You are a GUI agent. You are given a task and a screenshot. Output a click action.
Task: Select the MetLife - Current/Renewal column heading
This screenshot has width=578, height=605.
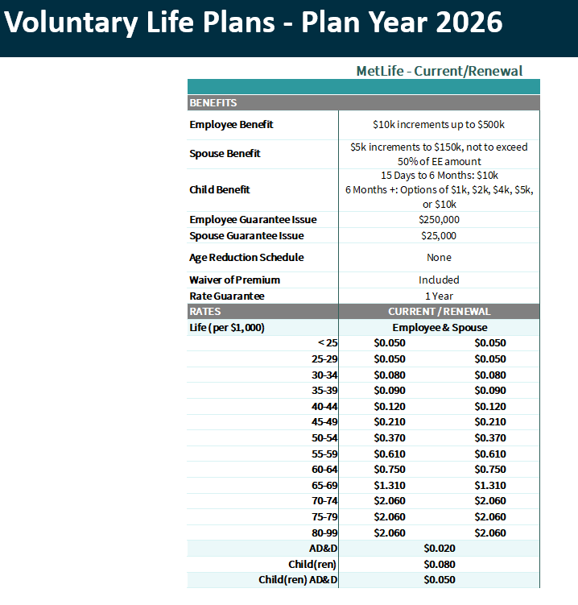[x=439, y=71]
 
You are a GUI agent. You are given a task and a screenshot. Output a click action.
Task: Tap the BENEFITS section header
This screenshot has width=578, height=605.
[x=213, y=103]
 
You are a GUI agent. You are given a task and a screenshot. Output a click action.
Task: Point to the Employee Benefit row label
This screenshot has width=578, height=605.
[x=231, y=125]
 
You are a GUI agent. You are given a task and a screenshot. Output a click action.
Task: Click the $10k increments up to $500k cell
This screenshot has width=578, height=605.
[x=439, y=125]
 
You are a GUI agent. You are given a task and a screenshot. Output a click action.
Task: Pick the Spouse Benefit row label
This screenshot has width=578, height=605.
[x=225, y=154]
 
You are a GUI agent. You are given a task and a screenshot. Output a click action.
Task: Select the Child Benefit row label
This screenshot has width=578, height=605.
[x=220, y=190]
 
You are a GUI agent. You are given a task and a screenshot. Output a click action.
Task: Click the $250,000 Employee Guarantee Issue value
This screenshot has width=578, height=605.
[x=439, y=220]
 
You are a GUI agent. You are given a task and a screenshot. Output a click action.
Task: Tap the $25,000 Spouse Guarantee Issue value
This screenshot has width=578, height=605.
[x=439, y=236]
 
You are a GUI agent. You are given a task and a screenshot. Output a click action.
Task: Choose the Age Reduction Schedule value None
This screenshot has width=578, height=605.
[x=439, y=258]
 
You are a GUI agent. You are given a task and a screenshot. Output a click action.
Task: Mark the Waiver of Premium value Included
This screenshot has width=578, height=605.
[x=439, y=280]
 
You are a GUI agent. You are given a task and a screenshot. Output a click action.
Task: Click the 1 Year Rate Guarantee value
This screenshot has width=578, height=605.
[x=439, y=296]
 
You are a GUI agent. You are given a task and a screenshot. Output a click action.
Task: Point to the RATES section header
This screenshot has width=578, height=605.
[x=205, y=312]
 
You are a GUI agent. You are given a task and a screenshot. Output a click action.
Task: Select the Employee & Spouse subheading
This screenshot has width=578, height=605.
[x=440, y=328]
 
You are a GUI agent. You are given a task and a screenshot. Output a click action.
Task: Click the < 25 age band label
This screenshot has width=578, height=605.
[x=328, y=343]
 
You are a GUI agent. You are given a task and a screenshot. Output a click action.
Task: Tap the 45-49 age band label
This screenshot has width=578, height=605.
[x=324, y=421]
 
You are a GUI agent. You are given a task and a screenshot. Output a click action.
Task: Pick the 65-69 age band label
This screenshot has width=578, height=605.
[x=324, y=485]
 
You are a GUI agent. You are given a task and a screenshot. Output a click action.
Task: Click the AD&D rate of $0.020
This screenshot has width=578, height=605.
[x=440, y=549]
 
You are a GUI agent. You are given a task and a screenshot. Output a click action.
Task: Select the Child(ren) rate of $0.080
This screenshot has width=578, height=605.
[x=440, y=564]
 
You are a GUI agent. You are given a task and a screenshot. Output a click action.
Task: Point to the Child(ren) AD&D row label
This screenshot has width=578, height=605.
[x=298, y=580]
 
